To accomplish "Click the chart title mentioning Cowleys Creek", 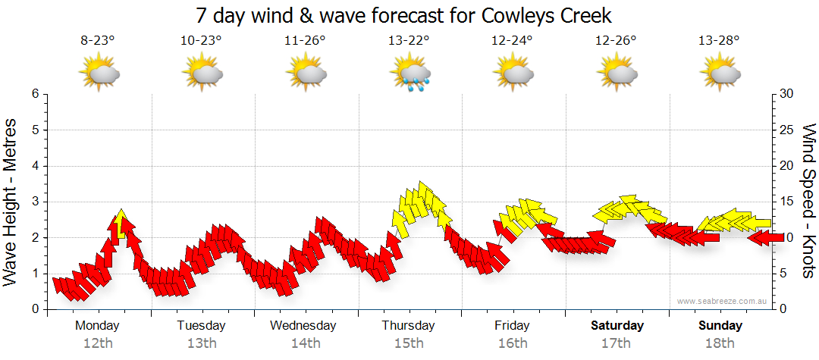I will (x=403, y=15).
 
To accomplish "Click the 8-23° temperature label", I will (x=98, y=41).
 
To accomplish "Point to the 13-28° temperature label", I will (x=719, y=41).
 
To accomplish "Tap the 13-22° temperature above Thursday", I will (x=408, y=41).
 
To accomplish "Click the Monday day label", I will (x=98, y=326).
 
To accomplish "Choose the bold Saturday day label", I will (x=617, y=326).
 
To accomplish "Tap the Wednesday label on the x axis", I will (x=303, y=326).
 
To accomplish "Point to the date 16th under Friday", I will (x=513, y=343).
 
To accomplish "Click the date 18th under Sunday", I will (x=720, y=343).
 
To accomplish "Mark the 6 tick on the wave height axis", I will (x=35, y=94).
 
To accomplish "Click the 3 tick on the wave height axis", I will (x=35, y=202).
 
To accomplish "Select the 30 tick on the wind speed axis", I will (x=787, y=94).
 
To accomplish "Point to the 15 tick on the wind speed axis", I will (x=787, y=202).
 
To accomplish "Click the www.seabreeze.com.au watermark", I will (x=723, y=301).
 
